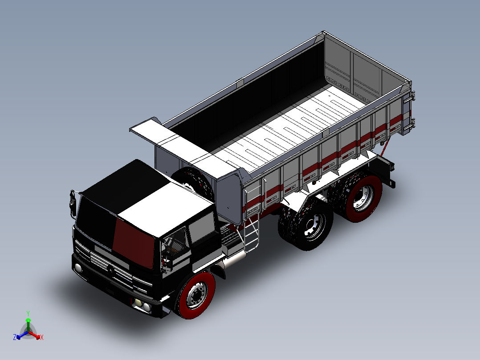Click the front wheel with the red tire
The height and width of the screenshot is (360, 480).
tap(195, 295)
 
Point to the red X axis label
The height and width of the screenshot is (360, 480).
tap(41, 337)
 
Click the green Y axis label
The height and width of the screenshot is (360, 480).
tap(28, 313)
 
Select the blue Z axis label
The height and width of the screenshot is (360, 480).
tap(15, 337)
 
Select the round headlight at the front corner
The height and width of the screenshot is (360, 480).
tap(78, 268)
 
